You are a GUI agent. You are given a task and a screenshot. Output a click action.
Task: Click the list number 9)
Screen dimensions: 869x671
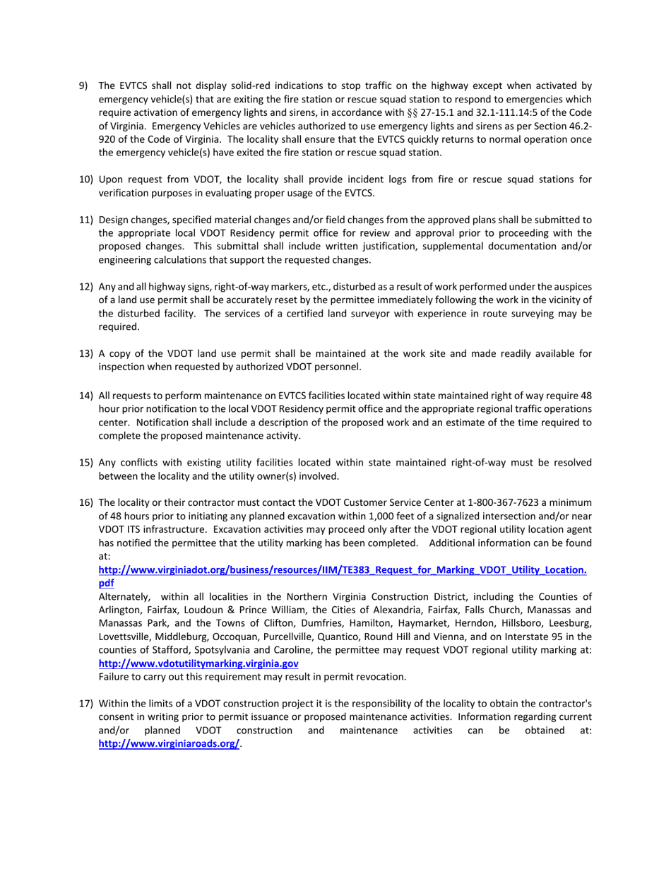click(83, 85)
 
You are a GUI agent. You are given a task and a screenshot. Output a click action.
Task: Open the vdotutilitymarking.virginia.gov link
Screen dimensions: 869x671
click(198, 664)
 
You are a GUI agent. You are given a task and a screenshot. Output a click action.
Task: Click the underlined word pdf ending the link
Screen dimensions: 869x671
click(106, 584)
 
